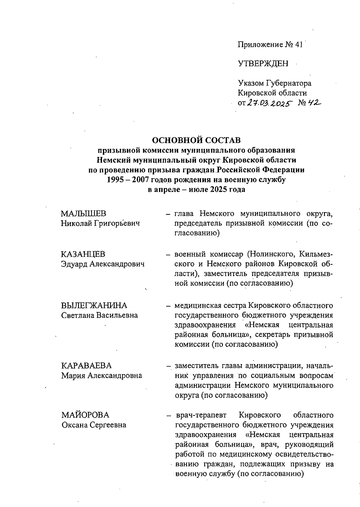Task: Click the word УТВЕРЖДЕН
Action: click(x=263, y=64)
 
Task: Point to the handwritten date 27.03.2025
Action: click(x=270, y=103)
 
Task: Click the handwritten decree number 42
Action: click(x=314, y=103)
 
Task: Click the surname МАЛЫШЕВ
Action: click(x=83, y=214)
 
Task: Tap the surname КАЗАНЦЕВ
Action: click(x=83, y=254)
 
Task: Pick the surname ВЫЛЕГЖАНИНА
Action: click(x=94, y=306)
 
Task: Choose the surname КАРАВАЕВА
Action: click(x=86, y=366)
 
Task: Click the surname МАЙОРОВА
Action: click(x=85, y=415)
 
